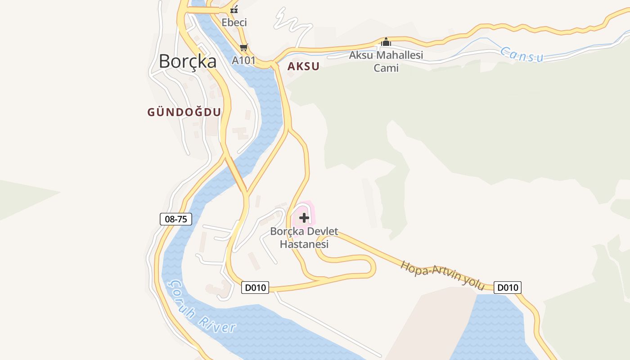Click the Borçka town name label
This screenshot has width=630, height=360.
point(188,61)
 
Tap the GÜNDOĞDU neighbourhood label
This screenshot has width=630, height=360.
point(184,112)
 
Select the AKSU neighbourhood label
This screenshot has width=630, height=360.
point(303,67)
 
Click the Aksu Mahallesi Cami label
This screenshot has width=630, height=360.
point(386,62)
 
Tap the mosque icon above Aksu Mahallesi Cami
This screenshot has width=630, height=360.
point(386,42)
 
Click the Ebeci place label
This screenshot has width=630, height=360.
point(234,22)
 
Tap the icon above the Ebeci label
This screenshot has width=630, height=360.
point(234,9)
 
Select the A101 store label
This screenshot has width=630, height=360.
point(243,60)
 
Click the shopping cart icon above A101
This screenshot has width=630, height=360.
point(243,47)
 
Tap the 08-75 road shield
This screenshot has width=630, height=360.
point(176,219)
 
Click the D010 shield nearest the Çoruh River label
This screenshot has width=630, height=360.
point(255,287)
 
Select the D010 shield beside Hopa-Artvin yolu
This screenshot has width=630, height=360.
point(508,287)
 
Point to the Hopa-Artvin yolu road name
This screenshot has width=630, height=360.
point(442,275)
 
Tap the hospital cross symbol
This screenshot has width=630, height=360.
point(304,218)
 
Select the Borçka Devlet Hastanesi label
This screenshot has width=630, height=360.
point(304,238)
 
